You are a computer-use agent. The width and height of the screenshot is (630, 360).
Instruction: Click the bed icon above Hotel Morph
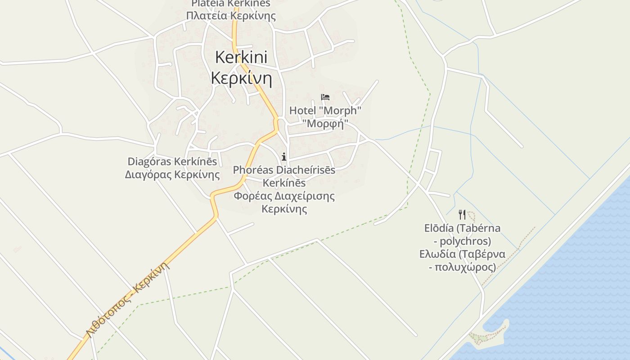click(x=325, y=97)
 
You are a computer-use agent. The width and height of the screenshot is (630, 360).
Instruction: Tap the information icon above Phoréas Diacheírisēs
click(x=284, y=157)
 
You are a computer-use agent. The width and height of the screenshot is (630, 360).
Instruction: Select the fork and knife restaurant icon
click(x=462, y=214)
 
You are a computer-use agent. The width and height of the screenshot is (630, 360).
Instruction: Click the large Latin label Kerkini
click(x=241, y=57)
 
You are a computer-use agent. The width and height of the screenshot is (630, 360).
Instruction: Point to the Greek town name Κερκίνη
click(x=241, y=78)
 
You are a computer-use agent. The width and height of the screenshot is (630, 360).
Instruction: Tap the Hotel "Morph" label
click(x=325, y=110)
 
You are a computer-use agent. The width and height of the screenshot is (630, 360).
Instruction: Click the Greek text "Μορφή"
click(x=325, y=123)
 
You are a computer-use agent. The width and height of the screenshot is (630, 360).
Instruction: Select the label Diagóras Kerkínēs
click(x=172, y=162)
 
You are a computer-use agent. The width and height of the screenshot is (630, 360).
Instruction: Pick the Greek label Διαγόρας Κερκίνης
click(x=172, y=174)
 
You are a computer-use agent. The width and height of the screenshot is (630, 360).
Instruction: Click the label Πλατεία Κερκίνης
click(x=231, y=16)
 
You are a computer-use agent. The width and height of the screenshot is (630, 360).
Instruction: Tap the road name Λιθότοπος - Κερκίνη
click(x=129, y=299)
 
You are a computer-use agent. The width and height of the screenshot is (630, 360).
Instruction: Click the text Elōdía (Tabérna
click(x=462, y=228)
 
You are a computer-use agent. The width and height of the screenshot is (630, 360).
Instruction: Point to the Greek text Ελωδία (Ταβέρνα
click(x=462, y=254)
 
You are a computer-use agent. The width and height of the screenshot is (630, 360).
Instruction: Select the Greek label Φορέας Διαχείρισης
click(x=284, y=196)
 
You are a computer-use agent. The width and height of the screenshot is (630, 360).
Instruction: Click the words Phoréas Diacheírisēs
click(x=284, y=170)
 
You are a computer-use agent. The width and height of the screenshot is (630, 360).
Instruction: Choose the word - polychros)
click(x=462, y=241)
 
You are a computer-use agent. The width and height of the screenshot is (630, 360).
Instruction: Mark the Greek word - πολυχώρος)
click(x=462, y=267)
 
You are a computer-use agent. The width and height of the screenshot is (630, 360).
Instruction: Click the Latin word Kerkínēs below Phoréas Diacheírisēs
click(x=284, y=183)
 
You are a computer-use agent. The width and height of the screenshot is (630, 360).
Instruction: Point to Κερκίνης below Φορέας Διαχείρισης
click(x=284, y=209)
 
